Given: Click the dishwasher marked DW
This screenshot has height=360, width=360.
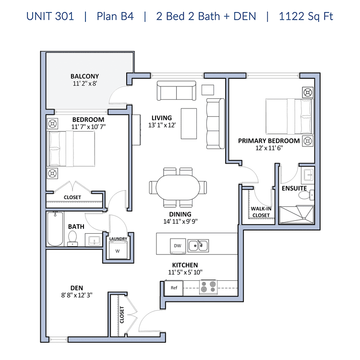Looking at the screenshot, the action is point(178,246).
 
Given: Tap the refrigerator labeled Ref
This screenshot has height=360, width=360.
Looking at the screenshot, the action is point(174,288).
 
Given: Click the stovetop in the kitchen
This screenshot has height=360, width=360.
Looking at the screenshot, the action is point(208,287).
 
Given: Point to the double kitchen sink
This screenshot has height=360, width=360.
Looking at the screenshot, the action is point(198,246).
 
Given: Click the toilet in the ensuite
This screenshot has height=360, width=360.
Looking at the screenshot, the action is point(306,195).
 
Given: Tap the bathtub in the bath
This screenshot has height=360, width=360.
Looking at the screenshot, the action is point(55,229).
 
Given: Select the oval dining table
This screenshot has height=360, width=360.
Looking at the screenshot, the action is point(178,187).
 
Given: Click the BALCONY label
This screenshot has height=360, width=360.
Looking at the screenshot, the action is point(84,76).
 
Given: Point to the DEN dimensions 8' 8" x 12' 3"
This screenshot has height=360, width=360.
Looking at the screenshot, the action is point(77,295).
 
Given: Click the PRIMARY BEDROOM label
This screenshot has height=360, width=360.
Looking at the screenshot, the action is point(269,141).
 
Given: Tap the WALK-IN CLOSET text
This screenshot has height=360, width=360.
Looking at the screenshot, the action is point(261,212).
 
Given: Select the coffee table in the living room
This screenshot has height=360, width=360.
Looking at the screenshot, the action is point(189,124).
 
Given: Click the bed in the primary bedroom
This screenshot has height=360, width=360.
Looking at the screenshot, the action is point(290,117).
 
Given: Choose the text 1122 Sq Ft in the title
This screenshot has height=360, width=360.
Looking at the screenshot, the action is point(306,16).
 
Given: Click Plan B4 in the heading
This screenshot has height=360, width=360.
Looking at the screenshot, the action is point(115,16).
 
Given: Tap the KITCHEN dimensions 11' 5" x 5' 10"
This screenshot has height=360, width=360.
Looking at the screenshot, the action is point(185,272).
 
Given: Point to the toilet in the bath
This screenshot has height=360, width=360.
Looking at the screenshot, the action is point(72,239).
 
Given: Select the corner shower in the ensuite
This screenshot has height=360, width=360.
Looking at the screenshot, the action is point(296,215).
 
